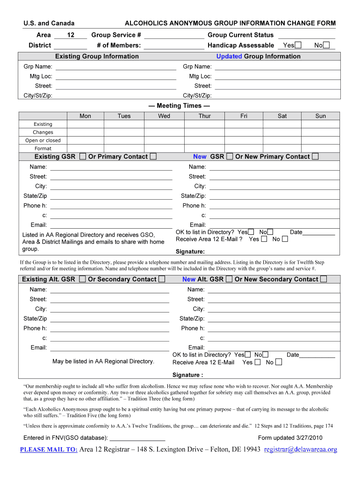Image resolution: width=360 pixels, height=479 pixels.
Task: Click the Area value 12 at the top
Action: coord(71,35)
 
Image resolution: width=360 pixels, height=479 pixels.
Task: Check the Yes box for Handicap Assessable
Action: coord(298,45)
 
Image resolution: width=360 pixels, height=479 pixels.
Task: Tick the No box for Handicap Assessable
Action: coord(326,45)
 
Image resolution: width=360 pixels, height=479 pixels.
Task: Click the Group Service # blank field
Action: coord(174,36)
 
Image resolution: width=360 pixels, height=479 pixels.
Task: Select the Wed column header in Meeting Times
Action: coord(164,116)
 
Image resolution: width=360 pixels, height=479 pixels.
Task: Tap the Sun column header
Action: coord(320,116)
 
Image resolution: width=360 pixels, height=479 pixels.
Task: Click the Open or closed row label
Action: coord(43,140)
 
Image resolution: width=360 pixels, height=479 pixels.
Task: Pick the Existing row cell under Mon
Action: coord(85,124)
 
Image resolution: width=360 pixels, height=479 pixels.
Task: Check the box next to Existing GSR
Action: coord(83,157)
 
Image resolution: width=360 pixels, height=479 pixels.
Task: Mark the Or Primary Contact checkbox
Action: coord(153,157)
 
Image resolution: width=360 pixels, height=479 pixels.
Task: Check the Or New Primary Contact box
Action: coord(315,157)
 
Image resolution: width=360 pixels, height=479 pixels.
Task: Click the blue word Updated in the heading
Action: coord(229,57)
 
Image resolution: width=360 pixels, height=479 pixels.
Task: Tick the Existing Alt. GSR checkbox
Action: coord(83,279)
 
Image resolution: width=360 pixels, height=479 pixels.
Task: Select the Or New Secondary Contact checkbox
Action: coord(324,279)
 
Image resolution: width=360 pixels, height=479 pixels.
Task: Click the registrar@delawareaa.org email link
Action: coord(300,450)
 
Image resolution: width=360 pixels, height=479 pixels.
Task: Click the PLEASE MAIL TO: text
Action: coord(49,450)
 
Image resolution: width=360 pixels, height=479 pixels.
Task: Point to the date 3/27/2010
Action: coord(310,438)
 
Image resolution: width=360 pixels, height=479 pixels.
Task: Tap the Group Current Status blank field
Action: coord(307,36)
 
